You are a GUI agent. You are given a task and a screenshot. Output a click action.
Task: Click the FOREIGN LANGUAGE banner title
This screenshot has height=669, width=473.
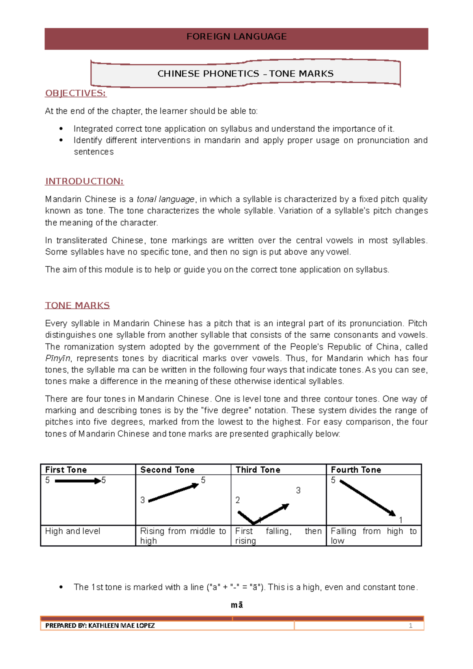236,37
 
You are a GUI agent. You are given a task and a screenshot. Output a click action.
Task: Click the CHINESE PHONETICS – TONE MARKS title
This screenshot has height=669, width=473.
245,74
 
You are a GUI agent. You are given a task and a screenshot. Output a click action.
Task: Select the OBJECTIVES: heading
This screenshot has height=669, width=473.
76,93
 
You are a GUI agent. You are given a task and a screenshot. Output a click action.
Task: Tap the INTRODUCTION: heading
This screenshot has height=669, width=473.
84,181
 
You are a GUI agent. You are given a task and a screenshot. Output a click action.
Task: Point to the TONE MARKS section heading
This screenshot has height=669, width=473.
77,305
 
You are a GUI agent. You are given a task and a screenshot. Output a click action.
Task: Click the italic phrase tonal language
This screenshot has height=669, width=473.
166,199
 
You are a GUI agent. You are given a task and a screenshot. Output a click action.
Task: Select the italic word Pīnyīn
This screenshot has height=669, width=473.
58,358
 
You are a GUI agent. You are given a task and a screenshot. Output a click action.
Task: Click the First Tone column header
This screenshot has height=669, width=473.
66,470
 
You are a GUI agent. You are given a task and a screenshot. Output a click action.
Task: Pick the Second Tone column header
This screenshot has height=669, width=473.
167,470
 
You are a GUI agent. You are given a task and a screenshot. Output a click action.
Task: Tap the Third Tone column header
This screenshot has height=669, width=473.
258,470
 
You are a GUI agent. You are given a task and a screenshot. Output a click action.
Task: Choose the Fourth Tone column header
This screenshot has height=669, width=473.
356,470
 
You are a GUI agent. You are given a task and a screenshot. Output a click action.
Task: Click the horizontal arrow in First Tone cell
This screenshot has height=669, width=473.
78,481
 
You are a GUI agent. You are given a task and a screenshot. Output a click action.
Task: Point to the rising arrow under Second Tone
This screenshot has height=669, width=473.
173,493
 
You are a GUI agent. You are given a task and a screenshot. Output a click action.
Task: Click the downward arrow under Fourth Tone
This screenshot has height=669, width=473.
367,498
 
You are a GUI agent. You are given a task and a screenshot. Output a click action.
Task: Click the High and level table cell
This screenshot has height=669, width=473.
73,531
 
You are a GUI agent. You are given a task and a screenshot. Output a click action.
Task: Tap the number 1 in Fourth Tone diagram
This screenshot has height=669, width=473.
400,520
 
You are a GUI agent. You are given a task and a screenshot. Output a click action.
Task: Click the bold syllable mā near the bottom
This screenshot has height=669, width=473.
237,605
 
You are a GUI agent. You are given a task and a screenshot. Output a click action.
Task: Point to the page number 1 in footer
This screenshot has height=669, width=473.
410,626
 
